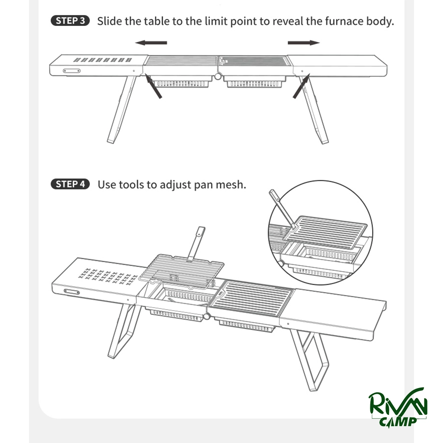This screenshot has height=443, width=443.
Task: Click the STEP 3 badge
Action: tap(70, 21)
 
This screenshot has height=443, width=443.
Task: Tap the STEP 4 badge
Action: tap(70, 184)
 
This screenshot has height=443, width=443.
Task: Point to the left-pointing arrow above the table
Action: tap(151, 43)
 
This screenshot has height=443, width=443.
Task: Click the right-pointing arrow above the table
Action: tap(304, 43)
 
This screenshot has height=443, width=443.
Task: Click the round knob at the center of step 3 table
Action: tap(218, 76)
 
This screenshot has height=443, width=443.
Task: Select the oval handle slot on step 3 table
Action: tap(71, 71)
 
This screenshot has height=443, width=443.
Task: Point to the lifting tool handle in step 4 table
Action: tap(197, 243)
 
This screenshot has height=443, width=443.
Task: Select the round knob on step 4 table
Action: tap(207, 316)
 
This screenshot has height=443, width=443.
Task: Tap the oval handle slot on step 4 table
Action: tap(72, 292)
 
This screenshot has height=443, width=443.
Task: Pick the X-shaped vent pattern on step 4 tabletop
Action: tap(107, 276)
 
